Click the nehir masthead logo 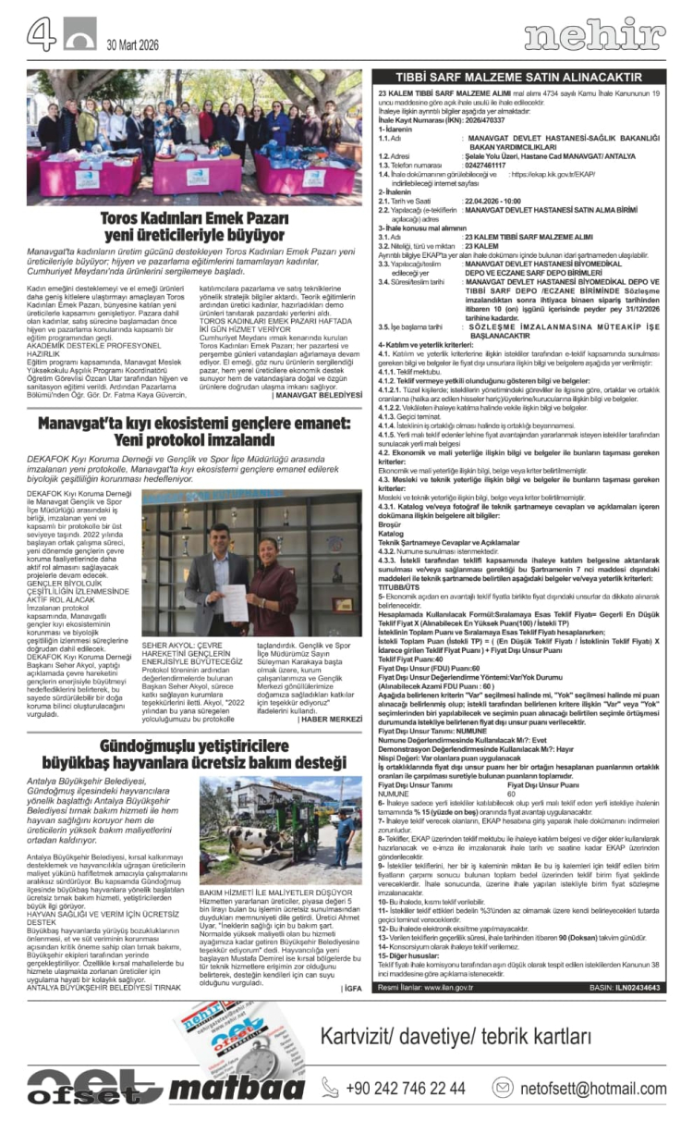pyautogui.click(x=594, y=36)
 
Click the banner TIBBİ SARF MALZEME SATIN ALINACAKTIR pyautogui.click(x=518, y=77)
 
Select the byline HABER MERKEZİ pyautogui.click(x=331, y=694)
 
